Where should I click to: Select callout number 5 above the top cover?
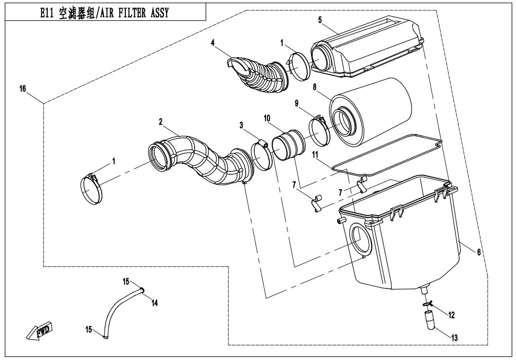coord(320,20)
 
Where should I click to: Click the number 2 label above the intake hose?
coord(161,122)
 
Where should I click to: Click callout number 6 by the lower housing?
coord(479,252)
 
